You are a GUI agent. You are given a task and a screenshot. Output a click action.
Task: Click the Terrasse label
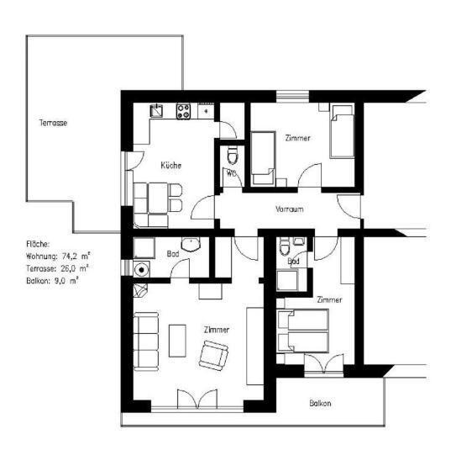[x=53, y=123]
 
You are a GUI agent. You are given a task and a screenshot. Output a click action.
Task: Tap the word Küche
[x=171, y=165]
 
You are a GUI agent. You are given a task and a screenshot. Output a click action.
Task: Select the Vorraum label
[x=288, y=209]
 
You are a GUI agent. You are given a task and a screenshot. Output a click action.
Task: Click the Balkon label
[x=320, y=404]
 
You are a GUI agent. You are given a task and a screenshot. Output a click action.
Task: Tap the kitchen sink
[x=157, y=110]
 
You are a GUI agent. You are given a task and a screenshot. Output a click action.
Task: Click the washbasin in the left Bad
[x=192, y=245]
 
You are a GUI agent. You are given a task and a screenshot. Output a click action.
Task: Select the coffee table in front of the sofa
[x=178, y=339]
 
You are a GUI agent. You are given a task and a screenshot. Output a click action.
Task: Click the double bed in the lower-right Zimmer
[x=305, y=331]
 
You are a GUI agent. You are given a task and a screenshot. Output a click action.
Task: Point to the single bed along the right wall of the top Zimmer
[x=342, y=132]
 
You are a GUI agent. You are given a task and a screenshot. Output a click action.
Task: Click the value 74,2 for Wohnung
[x=71, y=255]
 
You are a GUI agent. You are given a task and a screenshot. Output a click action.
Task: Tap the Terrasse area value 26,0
[x=71, y=267]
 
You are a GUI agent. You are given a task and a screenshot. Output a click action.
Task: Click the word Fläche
[x=39, y=243]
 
